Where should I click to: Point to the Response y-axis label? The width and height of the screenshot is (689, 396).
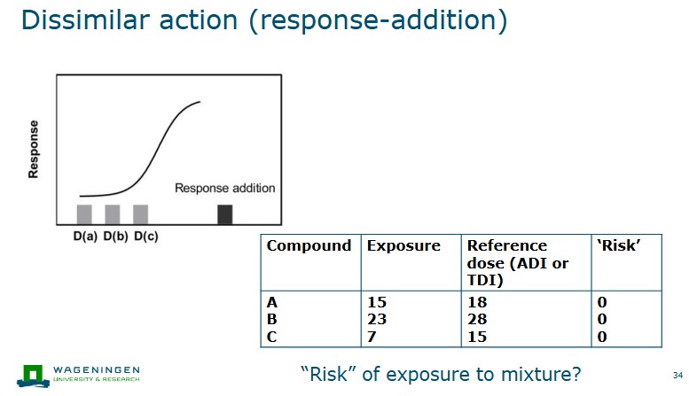click(x=34, y=149)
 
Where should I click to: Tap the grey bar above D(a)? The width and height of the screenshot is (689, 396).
click(x=84, y=214)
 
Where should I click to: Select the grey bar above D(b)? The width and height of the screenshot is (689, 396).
click(x=113, y=214)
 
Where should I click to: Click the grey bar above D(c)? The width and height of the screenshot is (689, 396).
click(x=140, y=214)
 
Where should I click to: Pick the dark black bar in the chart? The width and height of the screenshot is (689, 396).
click(x=225, y=214)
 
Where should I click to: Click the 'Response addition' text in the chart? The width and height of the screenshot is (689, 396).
click(x=224, y=188)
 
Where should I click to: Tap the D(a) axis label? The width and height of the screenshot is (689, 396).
click(x=85, y=237)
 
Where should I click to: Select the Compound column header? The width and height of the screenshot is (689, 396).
click(x=309, y=245)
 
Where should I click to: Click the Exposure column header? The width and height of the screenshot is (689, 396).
click(x=403, y=245)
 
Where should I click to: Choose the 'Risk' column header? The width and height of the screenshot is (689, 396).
click(x=620, y=245)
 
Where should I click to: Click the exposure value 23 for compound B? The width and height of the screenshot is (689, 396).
click(x=377, y=319)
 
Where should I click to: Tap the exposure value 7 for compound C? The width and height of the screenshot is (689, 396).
click(x=372, y=336)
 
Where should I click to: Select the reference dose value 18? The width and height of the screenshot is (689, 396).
click(x=477, y=302)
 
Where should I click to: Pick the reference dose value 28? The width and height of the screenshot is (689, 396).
click(x=477, y=319)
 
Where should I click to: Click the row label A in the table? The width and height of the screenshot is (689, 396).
click(x=273, y=302)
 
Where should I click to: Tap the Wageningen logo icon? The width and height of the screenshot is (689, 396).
click(x=34, y=375)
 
